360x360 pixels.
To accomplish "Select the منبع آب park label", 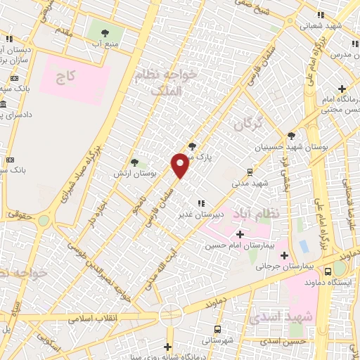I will pos(105,44).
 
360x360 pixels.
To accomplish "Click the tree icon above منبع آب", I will pos(105,32).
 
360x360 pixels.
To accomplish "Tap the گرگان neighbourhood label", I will pos(247,125).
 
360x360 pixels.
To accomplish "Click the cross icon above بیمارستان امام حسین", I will pos(240,234).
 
